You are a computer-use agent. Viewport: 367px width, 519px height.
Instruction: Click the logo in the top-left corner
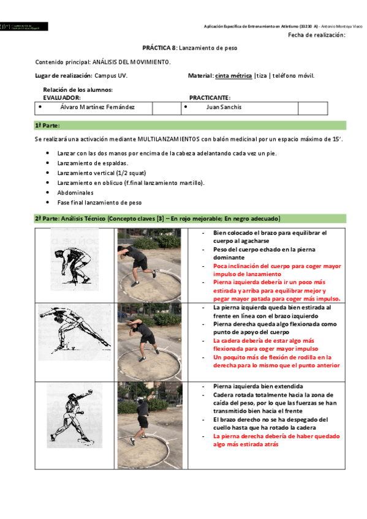pos(25,27)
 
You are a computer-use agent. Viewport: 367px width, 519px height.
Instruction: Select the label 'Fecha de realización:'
pos(316,35)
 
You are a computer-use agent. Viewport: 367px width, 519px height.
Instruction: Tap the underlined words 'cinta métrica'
pos(233,75)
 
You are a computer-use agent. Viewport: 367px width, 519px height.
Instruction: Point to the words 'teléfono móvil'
pos(292,75)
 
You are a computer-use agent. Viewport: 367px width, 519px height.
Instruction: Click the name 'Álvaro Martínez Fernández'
pos(97,107)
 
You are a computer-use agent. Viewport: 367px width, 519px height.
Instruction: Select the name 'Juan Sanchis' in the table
pos(224,107)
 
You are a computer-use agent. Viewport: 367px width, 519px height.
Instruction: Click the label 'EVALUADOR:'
pos(62,97)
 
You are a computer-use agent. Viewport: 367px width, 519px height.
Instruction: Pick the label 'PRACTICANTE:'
pos(210,97)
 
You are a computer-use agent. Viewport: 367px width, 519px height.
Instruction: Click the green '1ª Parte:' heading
pos(47,125)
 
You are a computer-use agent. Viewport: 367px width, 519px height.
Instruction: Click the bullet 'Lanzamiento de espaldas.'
pos(93,163)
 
